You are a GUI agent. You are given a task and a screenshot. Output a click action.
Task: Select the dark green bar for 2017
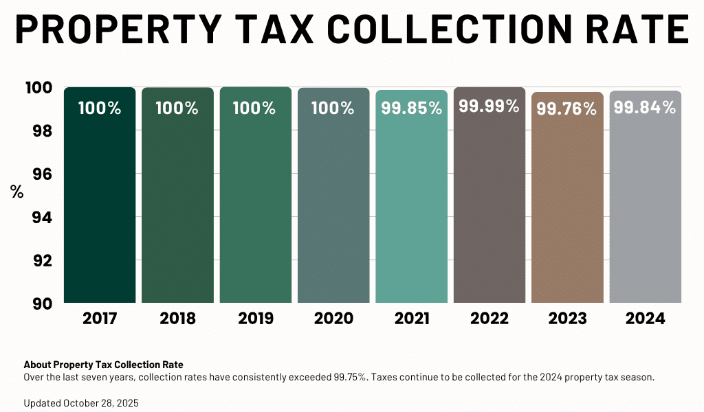[x=100, y=206]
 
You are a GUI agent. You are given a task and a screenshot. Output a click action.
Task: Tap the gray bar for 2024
[x=646, y=206]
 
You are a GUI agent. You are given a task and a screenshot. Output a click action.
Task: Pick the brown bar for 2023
[x=567, y=206]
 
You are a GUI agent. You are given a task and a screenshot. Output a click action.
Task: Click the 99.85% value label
[x=411, y=108]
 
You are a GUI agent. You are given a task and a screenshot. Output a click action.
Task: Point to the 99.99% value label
[x=489, y=106]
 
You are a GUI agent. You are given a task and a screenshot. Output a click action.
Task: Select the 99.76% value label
[x=566, y=109]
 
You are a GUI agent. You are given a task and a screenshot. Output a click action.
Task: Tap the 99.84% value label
[x=645, y=108]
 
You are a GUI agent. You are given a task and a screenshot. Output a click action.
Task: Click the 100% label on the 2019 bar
[x=255, y=108]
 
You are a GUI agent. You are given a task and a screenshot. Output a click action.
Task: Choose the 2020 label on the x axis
[x=333, y=319]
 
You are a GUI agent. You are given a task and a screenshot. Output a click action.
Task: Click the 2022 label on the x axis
[x=489, y=319]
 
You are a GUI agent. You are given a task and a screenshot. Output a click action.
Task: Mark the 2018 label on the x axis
[x=177, y=319]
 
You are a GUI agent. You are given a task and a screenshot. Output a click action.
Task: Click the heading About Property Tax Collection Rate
[x=103, y=365]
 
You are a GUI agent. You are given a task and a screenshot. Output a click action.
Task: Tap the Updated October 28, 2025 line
[x=81, y=403]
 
